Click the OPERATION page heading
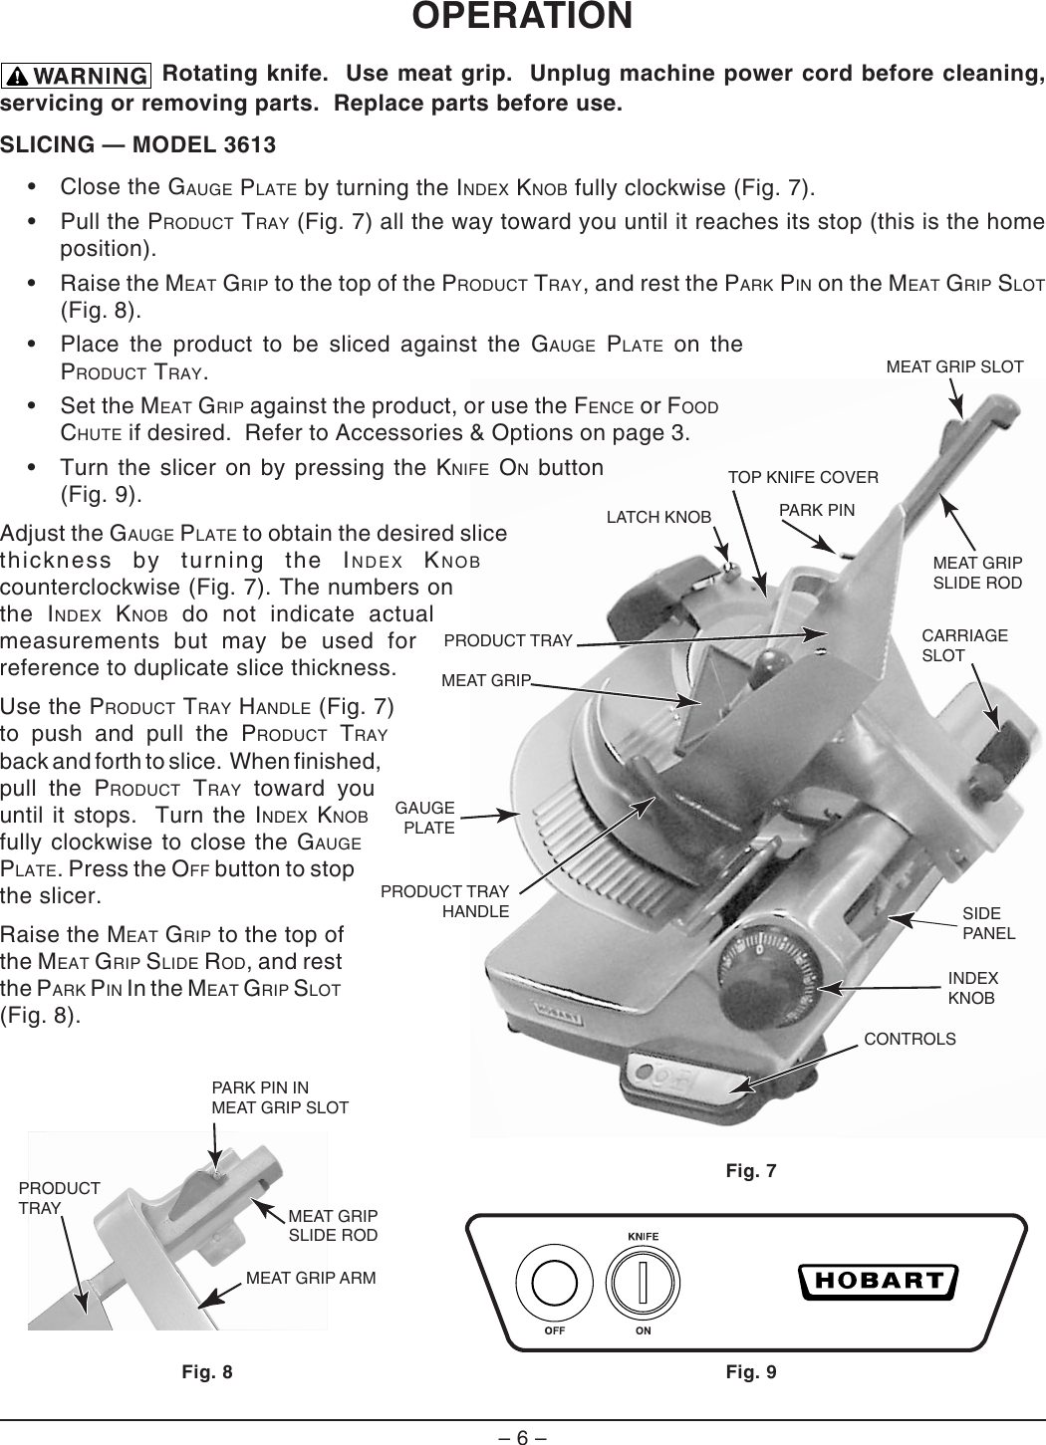(x=522, y=17)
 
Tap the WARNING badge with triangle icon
(x=77, y=76)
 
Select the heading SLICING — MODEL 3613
(x=138, y=145)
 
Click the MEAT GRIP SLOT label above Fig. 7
(x=954, y=366)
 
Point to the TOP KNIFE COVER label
(x=803, y=477)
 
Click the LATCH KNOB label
(x=658, y=517)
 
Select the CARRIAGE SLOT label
(x=963, y=645)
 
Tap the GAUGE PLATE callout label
(x=426, y=818)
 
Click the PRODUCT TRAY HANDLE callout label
(x=445, y=901)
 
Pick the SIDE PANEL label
(x=988, y=923)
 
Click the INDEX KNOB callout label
(x=972, y=988)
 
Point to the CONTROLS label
(x=910, y=1040)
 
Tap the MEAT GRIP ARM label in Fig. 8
(x=311, y=1278)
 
